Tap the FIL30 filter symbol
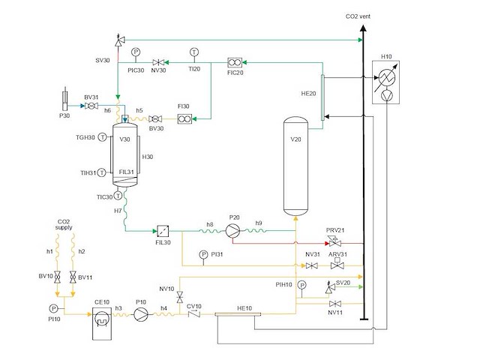coord(163,230)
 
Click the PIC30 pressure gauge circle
coord(136,52)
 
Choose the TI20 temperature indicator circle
coord(193,52)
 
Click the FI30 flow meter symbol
coord(184,118)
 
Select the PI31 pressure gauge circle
coord(203,254)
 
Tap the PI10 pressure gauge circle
coord(54,308)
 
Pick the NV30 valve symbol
coord(158,62)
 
